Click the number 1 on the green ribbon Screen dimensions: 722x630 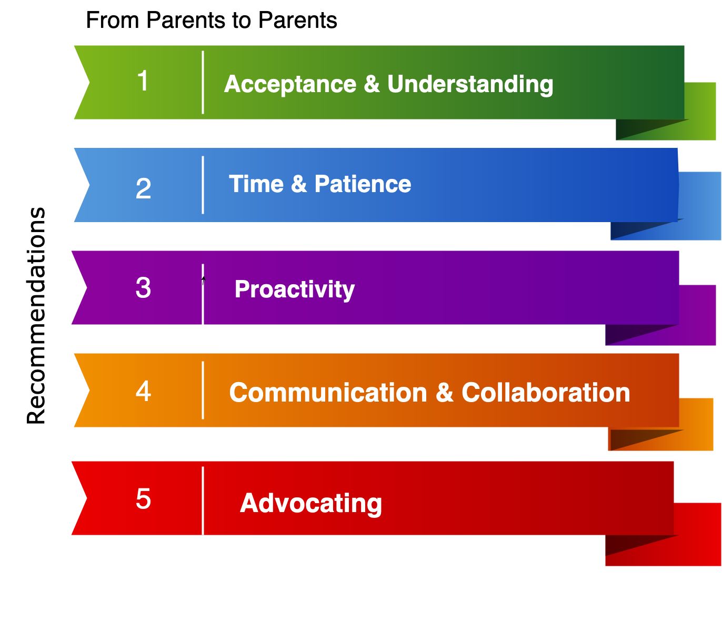pos(143,81)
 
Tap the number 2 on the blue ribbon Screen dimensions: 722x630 pos(143,188)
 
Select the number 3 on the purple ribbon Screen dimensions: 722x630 pos(143,288)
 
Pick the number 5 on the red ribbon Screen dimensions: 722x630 pos(143,499)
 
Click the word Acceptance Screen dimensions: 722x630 pos(290,84)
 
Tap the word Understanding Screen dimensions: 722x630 pos(470,84)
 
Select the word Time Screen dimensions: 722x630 pos(256,184)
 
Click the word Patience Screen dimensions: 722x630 pos(363,184)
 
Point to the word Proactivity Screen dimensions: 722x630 pos(295,289)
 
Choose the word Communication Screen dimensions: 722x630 pos(328,393)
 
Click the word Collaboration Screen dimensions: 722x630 pos(546,393)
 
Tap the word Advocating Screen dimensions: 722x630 pos(311,504)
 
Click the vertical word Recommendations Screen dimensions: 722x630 pos(36,316)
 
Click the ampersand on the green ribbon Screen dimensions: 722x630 pos(372,84)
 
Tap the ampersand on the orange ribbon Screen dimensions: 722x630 pos(444,392)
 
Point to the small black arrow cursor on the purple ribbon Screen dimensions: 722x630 pos(203,281)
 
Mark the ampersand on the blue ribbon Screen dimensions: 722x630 pos(299,184)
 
